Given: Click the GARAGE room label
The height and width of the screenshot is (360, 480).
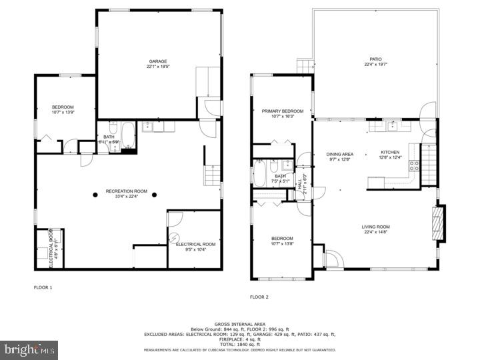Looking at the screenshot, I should click(x=158, y=61).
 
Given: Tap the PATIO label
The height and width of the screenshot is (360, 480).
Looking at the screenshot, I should click(x=377, y=59).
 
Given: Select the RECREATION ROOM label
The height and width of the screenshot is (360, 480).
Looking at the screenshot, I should click(x=127, y=191).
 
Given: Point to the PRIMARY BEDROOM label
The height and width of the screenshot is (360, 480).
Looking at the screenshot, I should click(x=282, y=111).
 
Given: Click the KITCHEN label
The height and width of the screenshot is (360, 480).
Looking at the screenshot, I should click(x=390, y=151).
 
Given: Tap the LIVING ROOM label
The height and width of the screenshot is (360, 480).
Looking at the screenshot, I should click(x=376, y=227).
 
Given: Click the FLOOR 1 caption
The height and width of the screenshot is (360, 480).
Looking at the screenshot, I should click(x=43, y=287).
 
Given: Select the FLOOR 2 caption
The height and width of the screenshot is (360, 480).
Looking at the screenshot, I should click(x=259, y=297).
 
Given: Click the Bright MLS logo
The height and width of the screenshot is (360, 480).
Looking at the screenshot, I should click(x=29, y=349).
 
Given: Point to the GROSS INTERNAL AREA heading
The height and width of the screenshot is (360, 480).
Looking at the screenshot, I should click(x=241, y=324).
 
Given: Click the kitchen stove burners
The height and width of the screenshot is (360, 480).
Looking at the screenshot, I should click(x=414, y=166).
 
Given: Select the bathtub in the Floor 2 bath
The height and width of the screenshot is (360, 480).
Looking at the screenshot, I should click(x=259, y=175).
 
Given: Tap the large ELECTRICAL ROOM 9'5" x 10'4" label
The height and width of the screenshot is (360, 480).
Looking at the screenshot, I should click(x=195, y=247).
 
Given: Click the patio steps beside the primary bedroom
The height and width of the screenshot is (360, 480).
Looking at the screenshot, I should click(x=305, y=65).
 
